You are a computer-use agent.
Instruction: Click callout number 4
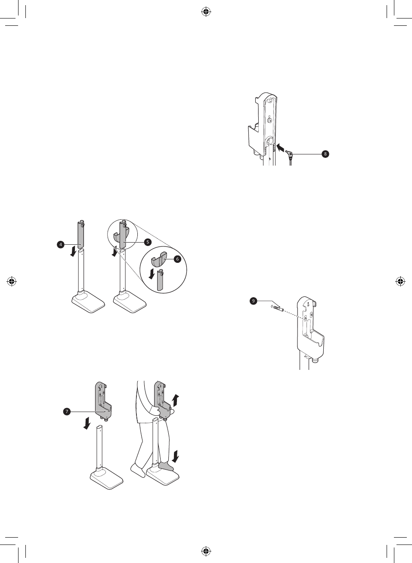(x=61, y=244)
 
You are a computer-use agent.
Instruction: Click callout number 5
(x=147, y=242)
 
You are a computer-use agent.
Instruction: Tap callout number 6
(x=177, y=259)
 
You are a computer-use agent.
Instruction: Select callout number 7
(x=67, y=412)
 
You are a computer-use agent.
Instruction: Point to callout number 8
(x=325, y=154)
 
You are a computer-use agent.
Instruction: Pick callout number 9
(x=254, y=301)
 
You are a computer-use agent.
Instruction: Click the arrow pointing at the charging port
(x=280, y=148)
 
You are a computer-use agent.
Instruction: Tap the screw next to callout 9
(x=277, y=308)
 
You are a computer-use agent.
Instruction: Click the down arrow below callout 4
(x=74, y=252)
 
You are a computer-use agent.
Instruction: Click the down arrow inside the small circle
(x=151, y=274)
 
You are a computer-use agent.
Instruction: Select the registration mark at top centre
(x=206, y=12)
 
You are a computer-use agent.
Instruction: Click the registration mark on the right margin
(x=400, y=282)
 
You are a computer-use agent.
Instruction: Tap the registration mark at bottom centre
(x=206, y=551)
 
